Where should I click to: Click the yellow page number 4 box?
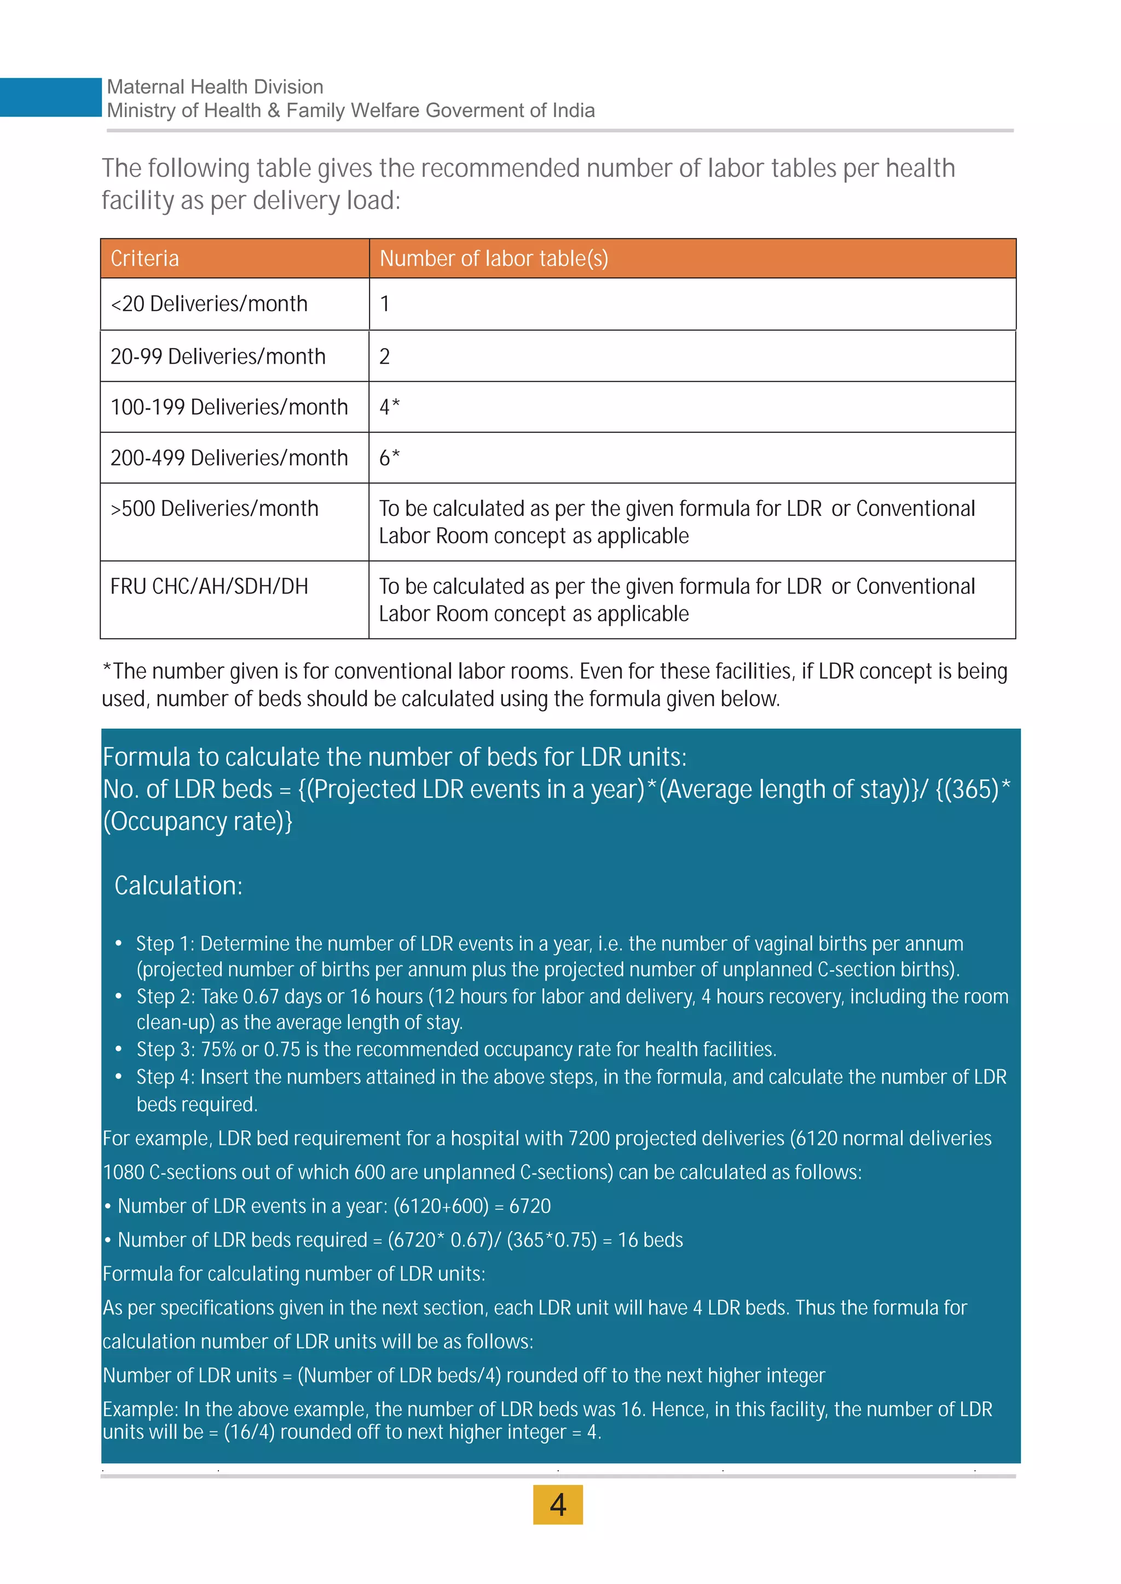pos(558,1504)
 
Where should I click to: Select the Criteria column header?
pos(145,259)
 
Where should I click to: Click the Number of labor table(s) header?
pos(494,259)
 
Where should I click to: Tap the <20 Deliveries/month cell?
pos(209,304)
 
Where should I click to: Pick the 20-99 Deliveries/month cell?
pos(218,357)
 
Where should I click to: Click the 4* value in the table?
pos(389,407)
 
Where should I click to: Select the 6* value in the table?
pos(389,457)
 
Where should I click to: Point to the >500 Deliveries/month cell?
pos(215,509)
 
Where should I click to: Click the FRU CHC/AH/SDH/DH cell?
pos(209,586)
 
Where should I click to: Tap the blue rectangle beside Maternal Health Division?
pos(50,97)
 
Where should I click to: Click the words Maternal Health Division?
pos(215,87)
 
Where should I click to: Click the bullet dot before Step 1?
pos(119,943)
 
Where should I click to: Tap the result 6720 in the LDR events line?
pos(530,1206)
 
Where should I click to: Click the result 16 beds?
pos(650,1240)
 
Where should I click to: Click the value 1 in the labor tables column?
pos(384,304)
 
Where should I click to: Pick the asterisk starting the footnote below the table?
pos(107,668)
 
